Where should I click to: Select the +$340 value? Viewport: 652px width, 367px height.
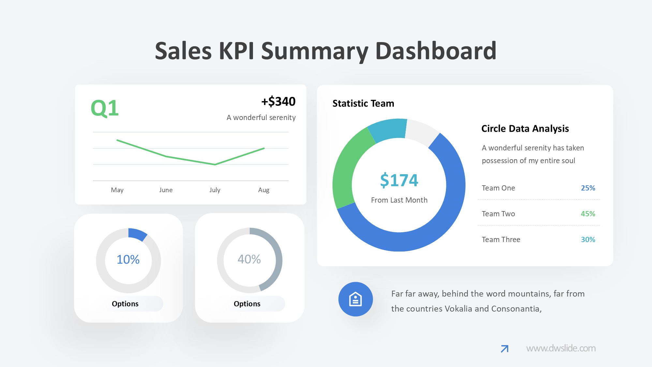[x=278, y=101]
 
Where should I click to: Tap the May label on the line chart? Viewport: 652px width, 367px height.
[x=117, y=190]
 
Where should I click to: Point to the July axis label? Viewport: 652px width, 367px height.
[x=215, y=190]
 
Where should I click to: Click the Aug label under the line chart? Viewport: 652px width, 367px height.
[x=264, y=190]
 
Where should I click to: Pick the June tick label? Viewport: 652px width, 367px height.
[x=166, y=190]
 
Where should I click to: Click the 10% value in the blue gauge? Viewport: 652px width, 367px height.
[x=128, y=260]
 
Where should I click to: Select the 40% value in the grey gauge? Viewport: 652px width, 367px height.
[x=249, y=259]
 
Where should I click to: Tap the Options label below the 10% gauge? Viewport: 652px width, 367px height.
[x=125, y=304]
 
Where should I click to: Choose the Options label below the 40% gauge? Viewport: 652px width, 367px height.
[x=247, y=304]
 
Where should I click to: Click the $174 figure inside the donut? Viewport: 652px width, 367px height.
[x=399, y=180]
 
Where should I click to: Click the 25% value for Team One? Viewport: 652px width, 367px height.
[x=588, y=188]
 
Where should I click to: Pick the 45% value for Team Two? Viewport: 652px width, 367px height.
[x=588, y=214]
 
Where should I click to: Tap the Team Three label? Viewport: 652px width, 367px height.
[x=501, y=239]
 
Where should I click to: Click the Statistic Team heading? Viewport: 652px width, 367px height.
[x=363, y=103]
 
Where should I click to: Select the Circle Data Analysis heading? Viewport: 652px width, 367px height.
[x=525, y=129]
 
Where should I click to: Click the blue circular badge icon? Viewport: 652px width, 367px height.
[x=355, y=299]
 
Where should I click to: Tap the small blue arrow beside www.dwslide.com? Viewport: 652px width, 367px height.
[x=504, y=349]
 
